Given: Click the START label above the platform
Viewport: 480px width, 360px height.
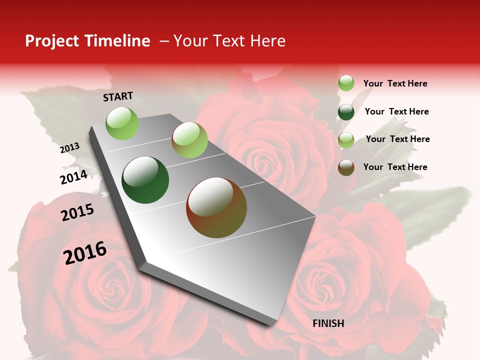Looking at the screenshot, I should coord(118,96).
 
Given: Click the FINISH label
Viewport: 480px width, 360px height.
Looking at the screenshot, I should coord(328,323).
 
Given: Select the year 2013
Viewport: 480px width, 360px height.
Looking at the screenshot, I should coord(70,147).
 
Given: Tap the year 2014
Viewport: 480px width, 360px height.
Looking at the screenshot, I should coord(73,177).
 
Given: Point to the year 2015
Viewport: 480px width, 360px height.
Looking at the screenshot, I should coord(77,212).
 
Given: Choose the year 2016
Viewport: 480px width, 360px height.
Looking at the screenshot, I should coord(85,252).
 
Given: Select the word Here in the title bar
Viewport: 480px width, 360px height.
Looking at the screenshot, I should coord(267,41).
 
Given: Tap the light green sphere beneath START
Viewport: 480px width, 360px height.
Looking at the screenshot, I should coord(122,123).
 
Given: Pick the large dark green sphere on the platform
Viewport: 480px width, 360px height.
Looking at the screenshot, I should coord(145,180).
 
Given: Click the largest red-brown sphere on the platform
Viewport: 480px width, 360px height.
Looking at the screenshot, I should coord(216,207).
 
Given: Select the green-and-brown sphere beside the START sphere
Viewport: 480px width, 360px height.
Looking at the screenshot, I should coord(189,140).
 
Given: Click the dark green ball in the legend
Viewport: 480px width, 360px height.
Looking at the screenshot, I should coord(346,112).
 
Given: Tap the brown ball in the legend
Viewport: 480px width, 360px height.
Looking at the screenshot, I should coord(346,167).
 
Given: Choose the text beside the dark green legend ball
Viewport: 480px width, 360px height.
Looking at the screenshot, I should coord(396,111).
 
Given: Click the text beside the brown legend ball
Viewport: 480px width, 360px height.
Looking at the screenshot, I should coord(395,167).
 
